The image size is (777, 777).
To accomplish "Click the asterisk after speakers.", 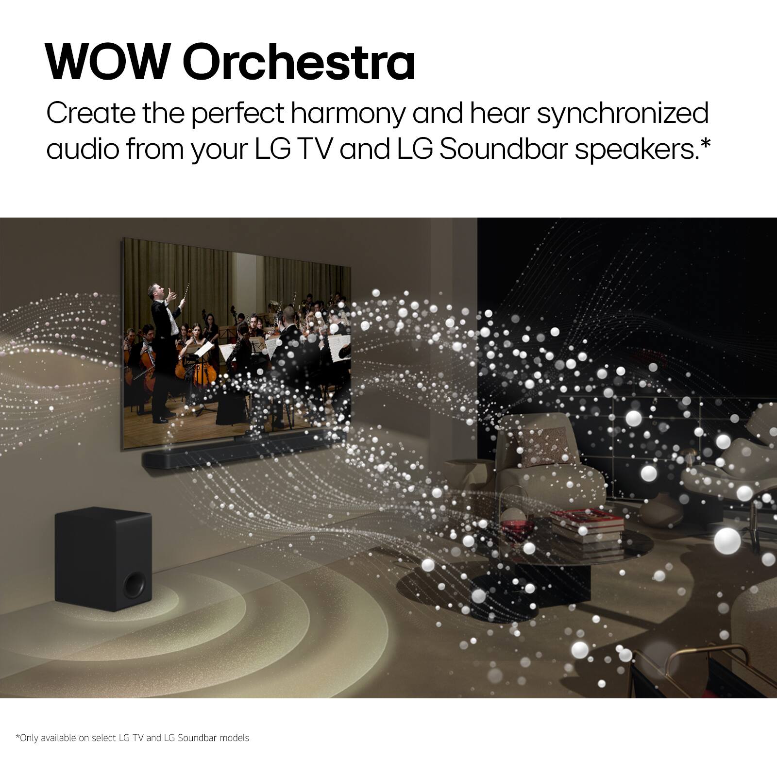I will click(705, 143).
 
